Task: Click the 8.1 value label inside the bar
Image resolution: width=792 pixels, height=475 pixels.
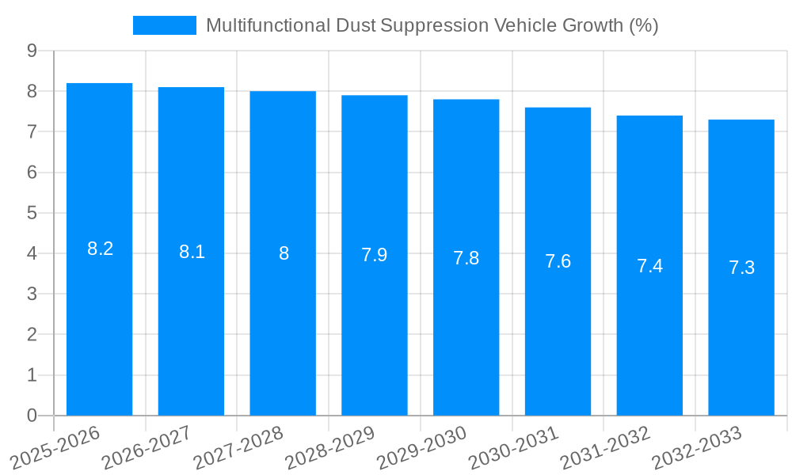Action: point(192,252)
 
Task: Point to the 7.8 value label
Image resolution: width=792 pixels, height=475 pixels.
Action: point(466,258)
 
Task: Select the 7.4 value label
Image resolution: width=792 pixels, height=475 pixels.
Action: point(649,266)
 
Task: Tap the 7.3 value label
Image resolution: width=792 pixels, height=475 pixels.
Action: point(741,268)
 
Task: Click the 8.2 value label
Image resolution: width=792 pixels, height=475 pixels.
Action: point(100,249)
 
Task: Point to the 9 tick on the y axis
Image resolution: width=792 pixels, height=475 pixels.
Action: point(32,51)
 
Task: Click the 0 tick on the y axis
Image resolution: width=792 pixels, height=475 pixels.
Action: point(32,416)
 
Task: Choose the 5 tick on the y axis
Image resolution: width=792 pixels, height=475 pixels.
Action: point(32,213)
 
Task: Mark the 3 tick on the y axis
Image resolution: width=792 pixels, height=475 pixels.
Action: point(32,294)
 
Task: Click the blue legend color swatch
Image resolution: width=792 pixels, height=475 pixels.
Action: point(164,25)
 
